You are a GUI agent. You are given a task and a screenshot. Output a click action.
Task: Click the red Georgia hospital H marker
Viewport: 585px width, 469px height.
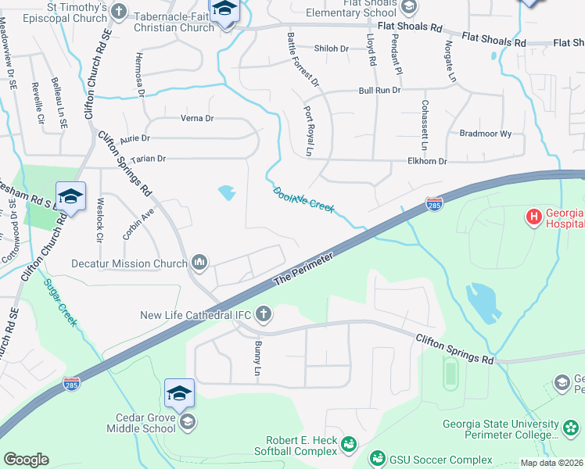(535, 216)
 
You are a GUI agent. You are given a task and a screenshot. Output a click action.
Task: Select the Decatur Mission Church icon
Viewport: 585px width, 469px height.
(199, 263)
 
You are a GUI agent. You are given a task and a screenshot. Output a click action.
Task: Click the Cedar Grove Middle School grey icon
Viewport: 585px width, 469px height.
(186, 423)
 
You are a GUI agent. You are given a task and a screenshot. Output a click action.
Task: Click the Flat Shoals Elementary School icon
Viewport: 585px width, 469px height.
(408, 7)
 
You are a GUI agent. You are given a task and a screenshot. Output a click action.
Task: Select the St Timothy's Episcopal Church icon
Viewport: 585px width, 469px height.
(119, 11)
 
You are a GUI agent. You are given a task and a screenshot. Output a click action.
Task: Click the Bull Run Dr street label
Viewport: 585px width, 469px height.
(379, 91)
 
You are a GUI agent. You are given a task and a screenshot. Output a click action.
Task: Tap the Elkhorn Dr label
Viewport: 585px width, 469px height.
(427, 162)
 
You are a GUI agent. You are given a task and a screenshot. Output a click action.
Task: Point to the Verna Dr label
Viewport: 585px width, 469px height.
(197, 119)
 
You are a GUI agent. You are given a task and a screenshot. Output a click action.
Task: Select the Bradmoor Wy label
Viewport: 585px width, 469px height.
(485, 134)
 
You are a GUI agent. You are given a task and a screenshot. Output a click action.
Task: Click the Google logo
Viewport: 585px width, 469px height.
(27, 459)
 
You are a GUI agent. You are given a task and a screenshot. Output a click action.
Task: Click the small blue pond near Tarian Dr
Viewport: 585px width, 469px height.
(227, 192)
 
